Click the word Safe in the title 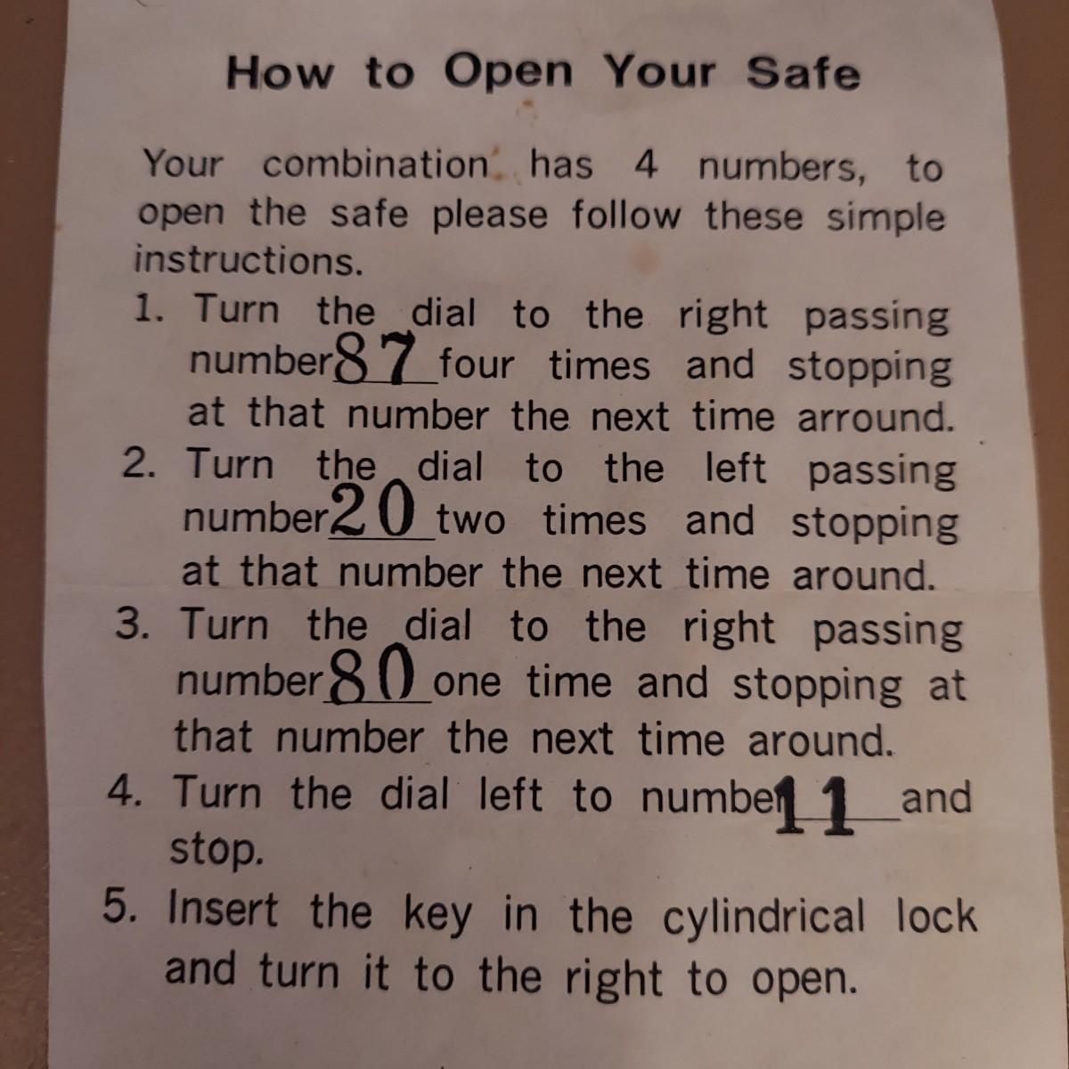[803, 73]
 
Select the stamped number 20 [372, 510]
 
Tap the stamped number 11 [814, 804]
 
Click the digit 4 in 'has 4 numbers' [645, 165]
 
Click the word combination [375, 164]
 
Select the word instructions [249, 260]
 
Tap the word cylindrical [763, 916]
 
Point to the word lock [936, 916]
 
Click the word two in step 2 [470, 521]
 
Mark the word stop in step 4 [216, 851]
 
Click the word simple [885, 217]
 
